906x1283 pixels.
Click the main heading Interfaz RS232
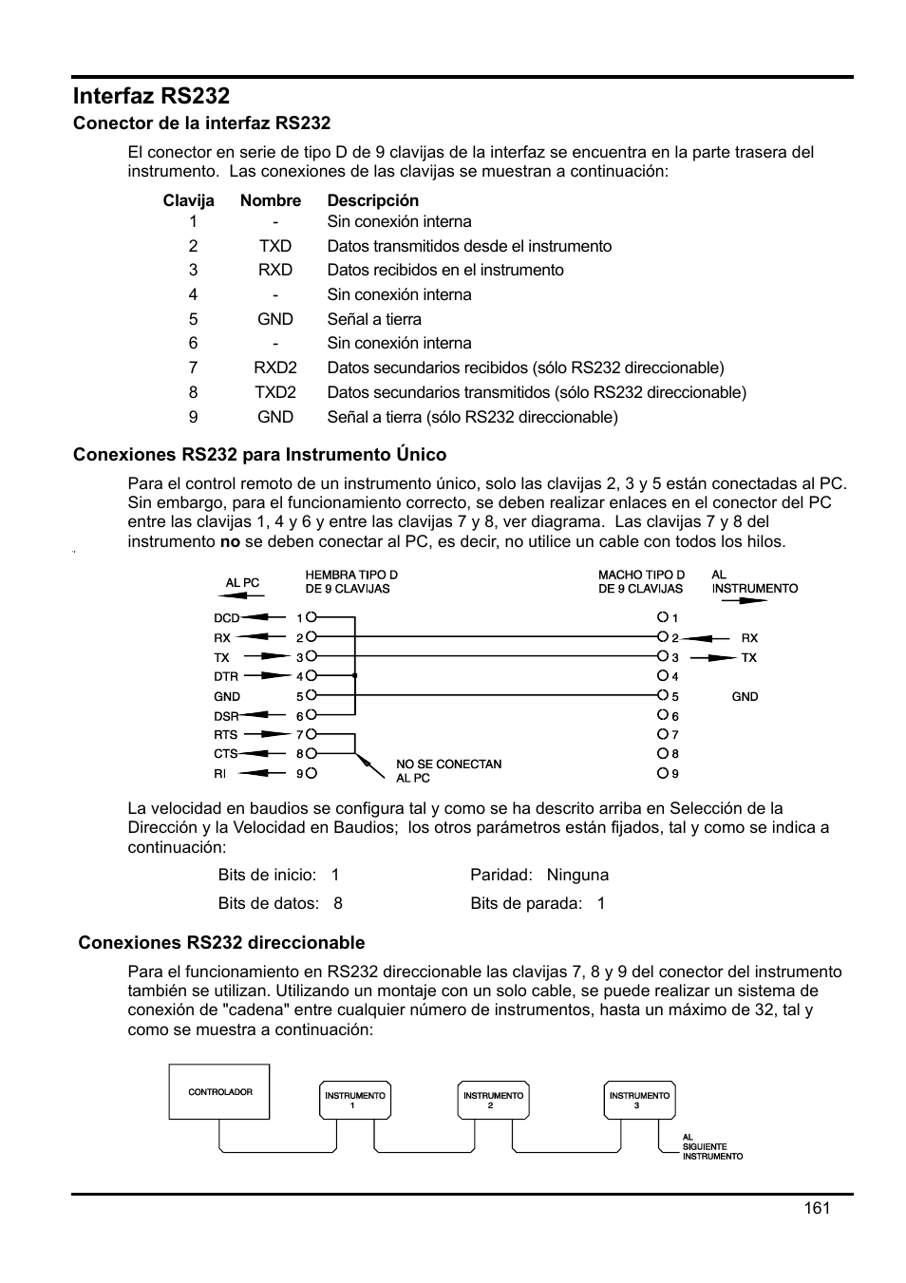[x=151, y=96]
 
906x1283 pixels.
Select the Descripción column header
[x=372, y=200]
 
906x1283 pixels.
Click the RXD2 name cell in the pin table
[x=274, y=368]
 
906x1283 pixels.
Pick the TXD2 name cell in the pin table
[x=274, y=392]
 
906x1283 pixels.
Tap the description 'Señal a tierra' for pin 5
[x=374, y=319]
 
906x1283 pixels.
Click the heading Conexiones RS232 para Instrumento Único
[x=259, y=454]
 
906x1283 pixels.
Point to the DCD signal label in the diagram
[x=226, y=618]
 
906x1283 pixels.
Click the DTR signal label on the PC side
[x=226, y=676]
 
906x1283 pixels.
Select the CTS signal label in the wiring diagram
[x=225, y=754]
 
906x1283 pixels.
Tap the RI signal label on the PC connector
[x=220, y=774]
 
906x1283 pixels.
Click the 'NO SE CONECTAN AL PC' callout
[x=448, y=770]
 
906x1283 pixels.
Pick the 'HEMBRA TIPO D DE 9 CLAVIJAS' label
[x=350, y=581]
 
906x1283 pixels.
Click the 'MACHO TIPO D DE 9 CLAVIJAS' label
[x=641, y=581]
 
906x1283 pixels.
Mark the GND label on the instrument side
[x=745, y=696]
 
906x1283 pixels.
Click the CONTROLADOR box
[x=219, y=1092]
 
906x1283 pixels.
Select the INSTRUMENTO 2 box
[x=493, y=1100]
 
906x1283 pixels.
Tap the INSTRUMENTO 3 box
[x=639, y=1100]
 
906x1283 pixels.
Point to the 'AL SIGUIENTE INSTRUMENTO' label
[x=711, y=1146]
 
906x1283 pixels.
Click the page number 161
[x=816, y=1207]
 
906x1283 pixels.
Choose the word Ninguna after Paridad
[x=577, y=875]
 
